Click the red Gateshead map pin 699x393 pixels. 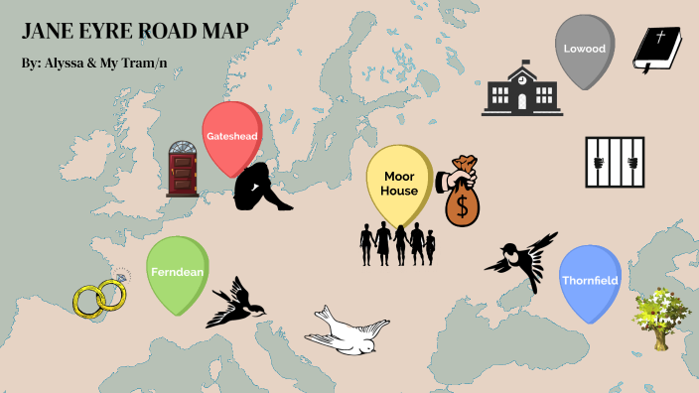tap(230, 135)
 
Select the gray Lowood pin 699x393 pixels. tap(585, 48)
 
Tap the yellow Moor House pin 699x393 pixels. tap(398, 183)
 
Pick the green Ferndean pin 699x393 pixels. tap(177, 272)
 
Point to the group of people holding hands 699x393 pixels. tap(396, 243)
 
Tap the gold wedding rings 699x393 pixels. tap(99, 296)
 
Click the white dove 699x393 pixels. tap(346, 329)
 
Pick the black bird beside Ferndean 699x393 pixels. tap(234, 304)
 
